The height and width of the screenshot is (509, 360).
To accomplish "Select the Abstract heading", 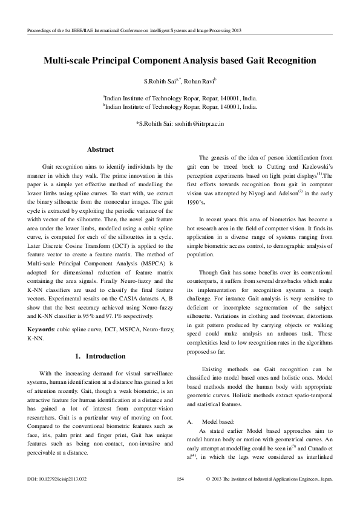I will [100, 149].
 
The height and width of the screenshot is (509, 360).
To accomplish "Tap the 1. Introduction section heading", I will [100, 356].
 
